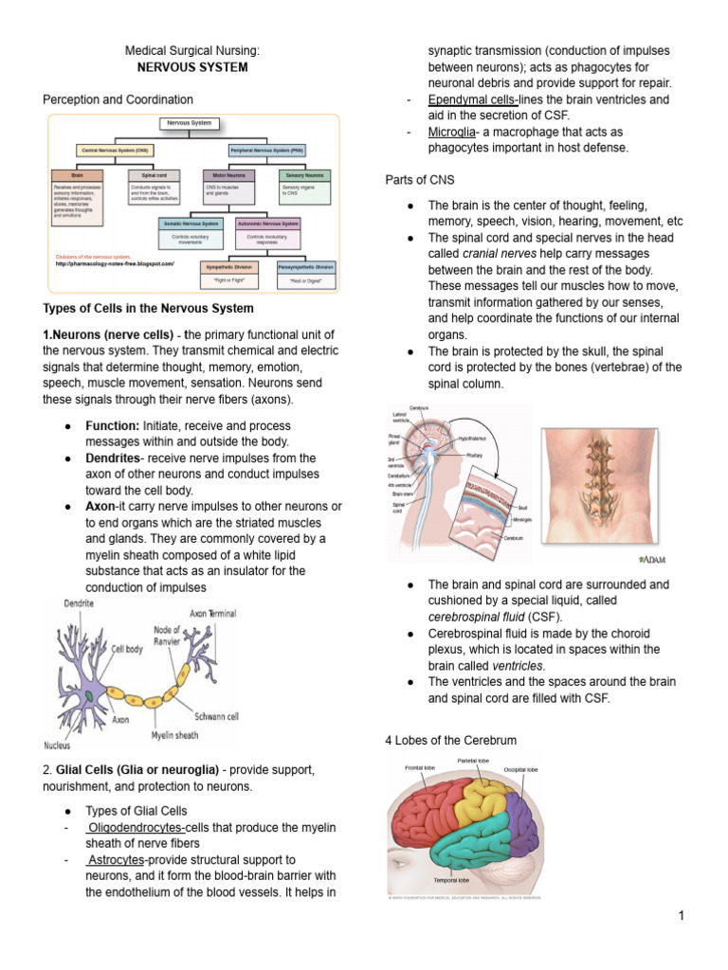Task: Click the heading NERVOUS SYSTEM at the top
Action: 192,67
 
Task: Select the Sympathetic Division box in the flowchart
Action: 225,267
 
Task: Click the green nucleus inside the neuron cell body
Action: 87,695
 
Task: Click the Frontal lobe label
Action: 421,767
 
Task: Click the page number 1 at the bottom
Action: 681,916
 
